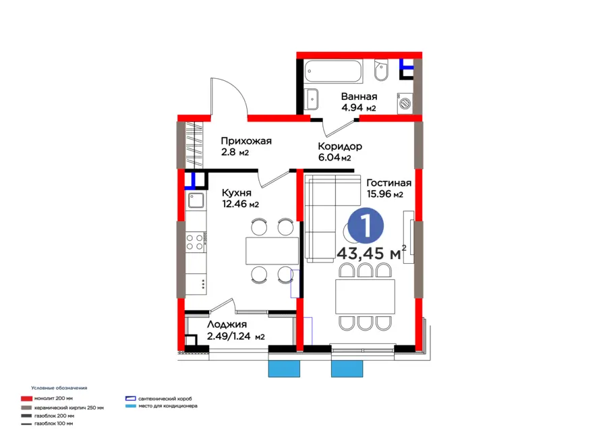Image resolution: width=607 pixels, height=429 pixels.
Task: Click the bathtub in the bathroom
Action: coord(333,71)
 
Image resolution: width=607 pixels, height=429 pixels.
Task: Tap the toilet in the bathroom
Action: coord(381,70)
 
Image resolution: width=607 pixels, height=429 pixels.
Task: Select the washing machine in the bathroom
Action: coord(405,103)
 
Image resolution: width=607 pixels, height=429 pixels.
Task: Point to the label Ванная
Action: coord(359,96)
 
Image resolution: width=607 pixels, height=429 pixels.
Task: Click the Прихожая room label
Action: coord(246,141)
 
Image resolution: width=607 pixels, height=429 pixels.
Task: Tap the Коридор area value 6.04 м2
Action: coord(335,157)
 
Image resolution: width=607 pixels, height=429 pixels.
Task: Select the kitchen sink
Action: coord(196,200)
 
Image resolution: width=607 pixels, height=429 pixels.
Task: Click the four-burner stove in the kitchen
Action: coord(195,241)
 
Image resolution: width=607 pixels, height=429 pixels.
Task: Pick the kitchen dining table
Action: coord(272,251)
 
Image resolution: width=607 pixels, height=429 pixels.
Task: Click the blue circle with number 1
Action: coord(366,225)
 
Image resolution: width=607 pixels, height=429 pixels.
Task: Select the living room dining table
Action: coord(365,297)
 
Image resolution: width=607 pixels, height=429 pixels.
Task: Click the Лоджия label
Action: coord(227,324)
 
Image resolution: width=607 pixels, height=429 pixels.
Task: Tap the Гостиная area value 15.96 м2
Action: coord(385,194)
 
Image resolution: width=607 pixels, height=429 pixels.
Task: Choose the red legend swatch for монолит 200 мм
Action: coord(26,399)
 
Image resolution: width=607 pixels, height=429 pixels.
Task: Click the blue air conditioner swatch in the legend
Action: coord(131,406)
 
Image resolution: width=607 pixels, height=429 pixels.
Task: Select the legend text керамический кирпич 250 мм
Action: coord(69,407)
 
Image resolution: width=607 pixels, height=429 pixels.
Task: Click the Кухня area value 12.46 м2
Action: coord(240,204)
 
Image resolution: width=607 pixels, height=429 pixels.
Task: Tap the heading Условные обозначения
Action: coord(59,388)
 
